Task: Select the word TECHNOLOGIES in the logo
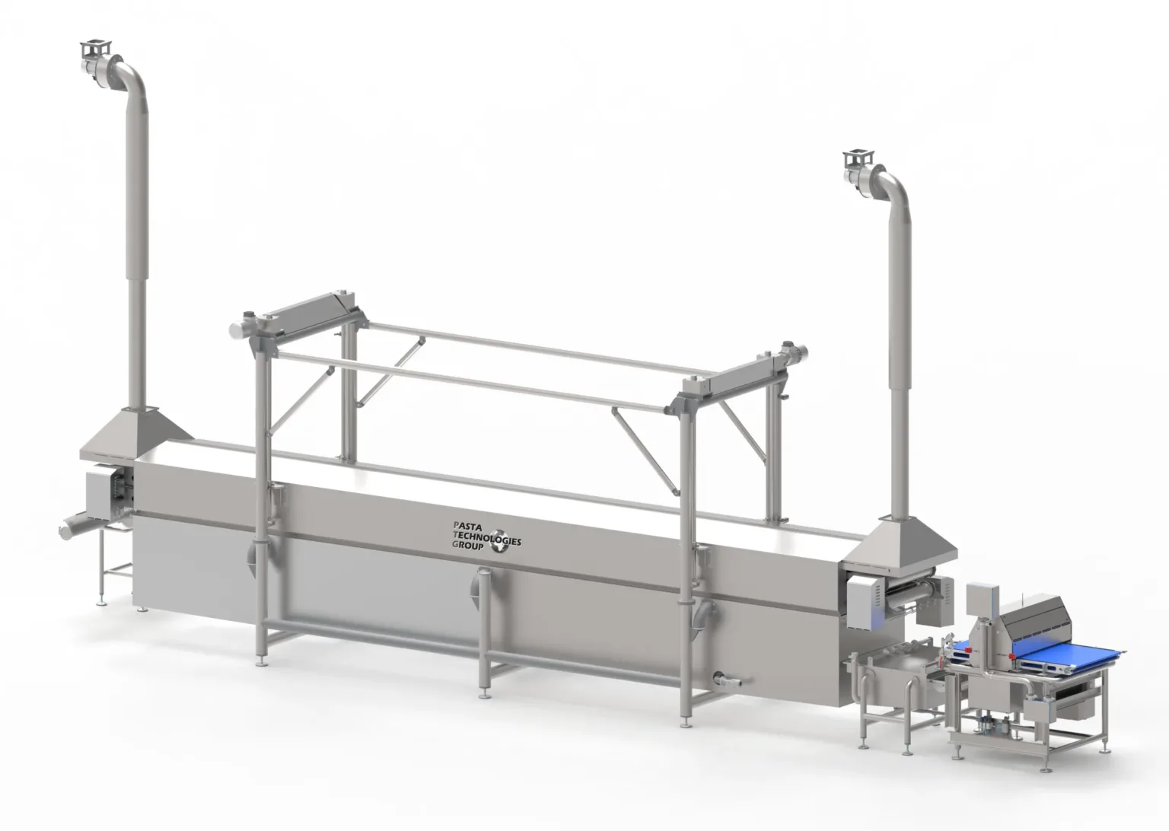tap(486, 537)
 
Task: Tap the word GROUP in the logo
tap(467, 545)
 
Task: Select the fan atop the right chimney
tap(865, 171)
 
